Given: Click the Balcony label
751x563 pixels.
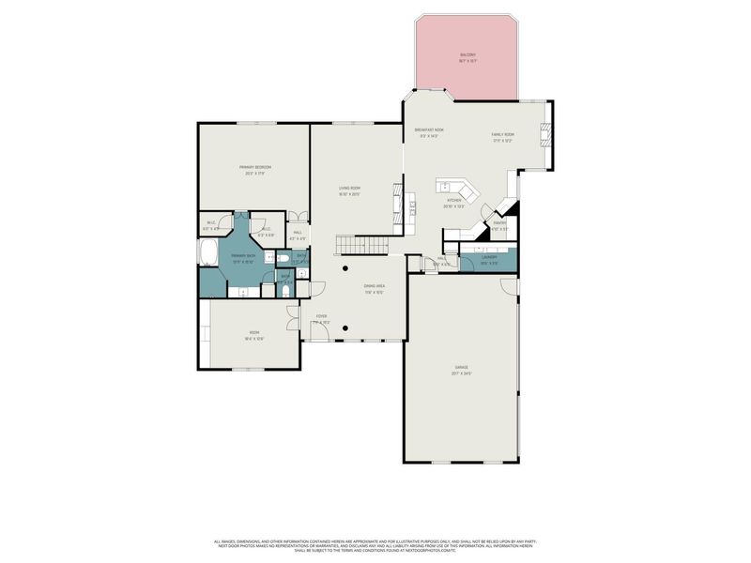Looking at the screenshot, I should pos(467,55).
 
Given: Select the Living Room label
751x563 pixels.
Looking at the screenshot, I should pos(350,188).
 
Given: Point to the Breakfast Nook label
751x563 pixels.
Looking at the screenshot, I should pos(429,130).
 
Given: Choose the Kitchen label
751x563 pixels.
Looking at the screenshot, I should pos(454,201).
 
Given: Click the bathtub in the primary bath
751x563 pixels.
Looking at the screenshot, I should pos(208,254).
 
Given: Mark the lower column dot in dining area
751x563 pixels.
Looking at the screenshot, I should pos(345,328).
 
